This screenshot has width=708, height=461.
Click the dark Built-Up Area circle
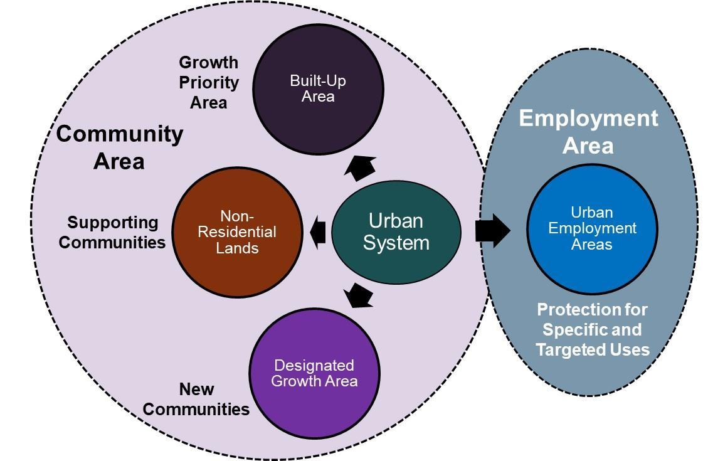pyautogui.click(x=317, y=88)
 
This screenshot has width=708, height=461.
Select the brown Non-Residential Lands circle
pyautogui.click(x=237, y=232)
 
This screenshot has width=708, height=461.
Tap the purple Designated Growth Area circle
pyautogui.click(x=314, y=373)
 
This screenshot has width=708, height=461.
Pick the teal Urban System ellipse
pyautogui.click(x=396, y=231)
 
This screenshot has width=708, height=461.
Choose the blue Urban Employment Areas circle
pyautogui.click(x=591, y=229)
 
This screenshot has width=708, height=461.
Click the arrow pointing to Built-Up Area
pyautogui.click(x=361, y=167)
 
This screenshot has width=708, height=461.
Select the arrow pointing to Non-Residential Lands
pyautogui.click(x=319, y=231)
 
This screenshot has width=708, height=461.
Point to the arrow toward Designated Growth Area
pyautogui.click(x=359, y=295)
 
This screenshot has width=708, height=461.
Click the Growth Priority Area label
pyautogui.click(x=209, y=82)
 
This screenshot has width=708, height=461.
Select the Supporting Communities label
pyautogui.click(x=113, y=232)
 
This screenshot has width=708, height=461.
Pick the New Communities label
pyautogui.click(x=196, y=399)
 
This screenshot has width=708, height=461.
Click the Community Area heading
pyautogui.click(x=120, y=147)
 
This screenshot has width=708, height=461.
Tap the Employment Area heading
pyautogui.click(x=588, y=131)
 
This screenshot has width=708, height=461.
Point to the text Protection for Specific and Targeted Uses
pyautogui.click(x=592, y=329)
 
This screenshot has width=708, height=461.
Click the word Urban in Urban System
pyautogui.click(x=396, y=221)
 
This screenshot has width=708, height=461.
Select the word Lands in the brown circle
pyautogui.click(x=237, y=248)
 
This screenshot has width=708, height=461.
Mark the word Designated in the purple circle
pyautogui.click(x=314, y=365)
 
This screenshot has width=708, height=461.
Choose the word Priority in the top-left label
pyautogui.click(x=209, y=82)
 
